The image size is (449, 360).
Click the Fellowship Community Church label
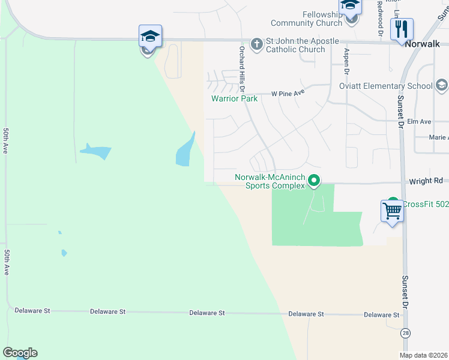coord(300,19)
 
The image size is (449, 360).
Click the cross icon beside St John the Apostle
coord(257,44)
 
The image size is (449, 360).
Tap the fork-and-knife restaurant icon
coord(400,29)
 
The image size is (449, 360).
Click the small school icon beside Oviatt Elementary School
coord(441,86)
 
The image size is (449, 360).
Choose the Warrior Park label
coord(234,98)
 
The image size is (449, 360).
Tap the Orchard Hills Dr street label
coord(243,68)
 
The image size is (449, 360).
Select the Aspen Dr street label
coord(346,62)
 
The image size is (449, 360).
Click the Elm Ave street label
coord(419,122)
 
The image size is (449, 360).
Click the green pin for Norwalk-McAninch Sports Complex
coord(313,180)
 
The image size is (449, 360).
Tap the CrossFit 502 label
coord(425,204)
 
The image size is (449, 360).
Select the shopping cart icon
coord(392,211)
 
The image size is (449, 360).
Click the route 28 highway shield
coord(406,332)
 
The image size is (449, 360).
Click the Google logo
coord(20,353)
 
